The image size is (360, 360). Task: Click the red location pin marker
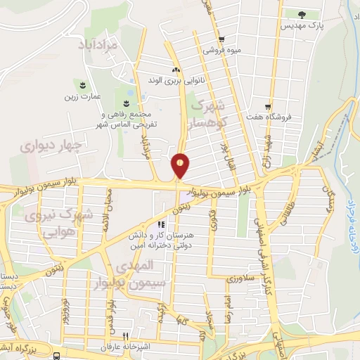(181, 165)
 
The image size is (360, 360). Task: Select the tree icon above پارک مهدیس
(302, 13)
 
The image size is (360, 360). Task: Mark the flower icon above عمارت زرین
(87, 84)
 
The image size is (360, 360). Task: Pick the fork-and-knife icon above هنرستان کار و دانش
(160, 224)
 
